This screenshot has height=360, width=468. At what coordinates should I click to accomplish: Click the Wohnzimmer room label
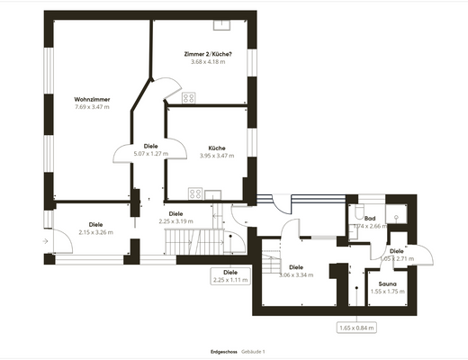coord(92,99)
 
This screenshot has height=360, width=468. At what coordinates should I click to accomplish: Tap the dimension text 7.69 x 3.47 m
coord(92,107)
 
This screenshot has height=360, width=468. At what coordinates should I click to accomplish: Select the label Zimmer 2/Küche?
coord(205,54)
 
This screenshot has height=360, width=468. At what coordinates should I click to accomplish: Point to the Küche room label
coord(216,148)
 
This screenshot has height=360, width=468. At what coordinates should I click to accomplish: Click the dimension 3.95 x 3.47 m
coord(216,156)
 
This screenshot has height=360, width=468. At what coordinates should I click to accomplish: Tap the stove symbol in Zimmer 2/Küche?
coord(190,97)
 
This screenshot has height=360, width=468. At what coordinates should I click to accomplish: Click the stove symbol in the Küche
coord(193,191)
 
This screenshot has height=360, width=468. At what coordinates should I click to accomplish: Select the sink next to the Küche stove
coord(212,192)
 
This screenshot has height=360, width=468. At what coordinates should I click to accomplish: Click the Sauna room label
coord(387,283)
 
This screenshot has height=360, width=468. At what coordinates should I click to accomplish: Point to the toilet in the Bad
coord(359,213)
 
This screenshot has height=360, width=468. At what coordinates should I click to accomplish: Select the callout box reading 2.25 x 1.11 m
coord(230,275)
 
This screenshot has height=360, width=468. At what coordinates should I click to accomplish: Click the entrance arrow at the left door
coord(46,241)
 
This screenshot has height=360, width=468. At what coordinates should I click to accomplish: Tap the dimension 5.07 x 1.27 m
coord(151,153)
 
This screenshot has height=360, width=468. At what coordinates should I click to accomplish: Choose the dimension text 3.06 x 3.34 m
coord(295,274)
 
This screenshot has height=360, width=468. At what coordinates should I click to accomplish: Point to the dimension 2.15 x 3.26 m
coord(96,232)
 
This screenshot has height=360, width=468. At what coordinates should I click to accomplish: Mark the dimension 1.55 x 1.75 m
coord(387,291)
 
